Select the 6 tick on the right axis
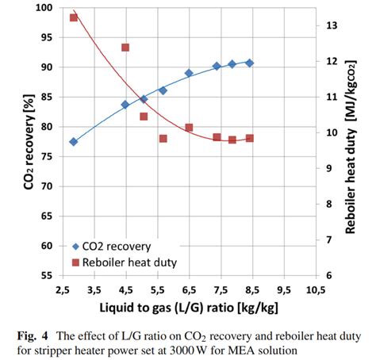click(329, 275)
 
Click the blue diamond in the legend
click(77, 246)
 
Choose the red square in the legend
click(77, 262)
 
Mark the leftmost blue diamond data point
click(73, 142)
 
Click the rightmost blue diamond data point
click(249, 63)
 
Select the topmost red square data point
click(74, 17)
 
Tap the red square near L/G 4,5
click(125, 48)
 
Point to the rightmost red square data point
click(249, 138)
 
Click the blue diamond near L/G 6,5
click(189, 73)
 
